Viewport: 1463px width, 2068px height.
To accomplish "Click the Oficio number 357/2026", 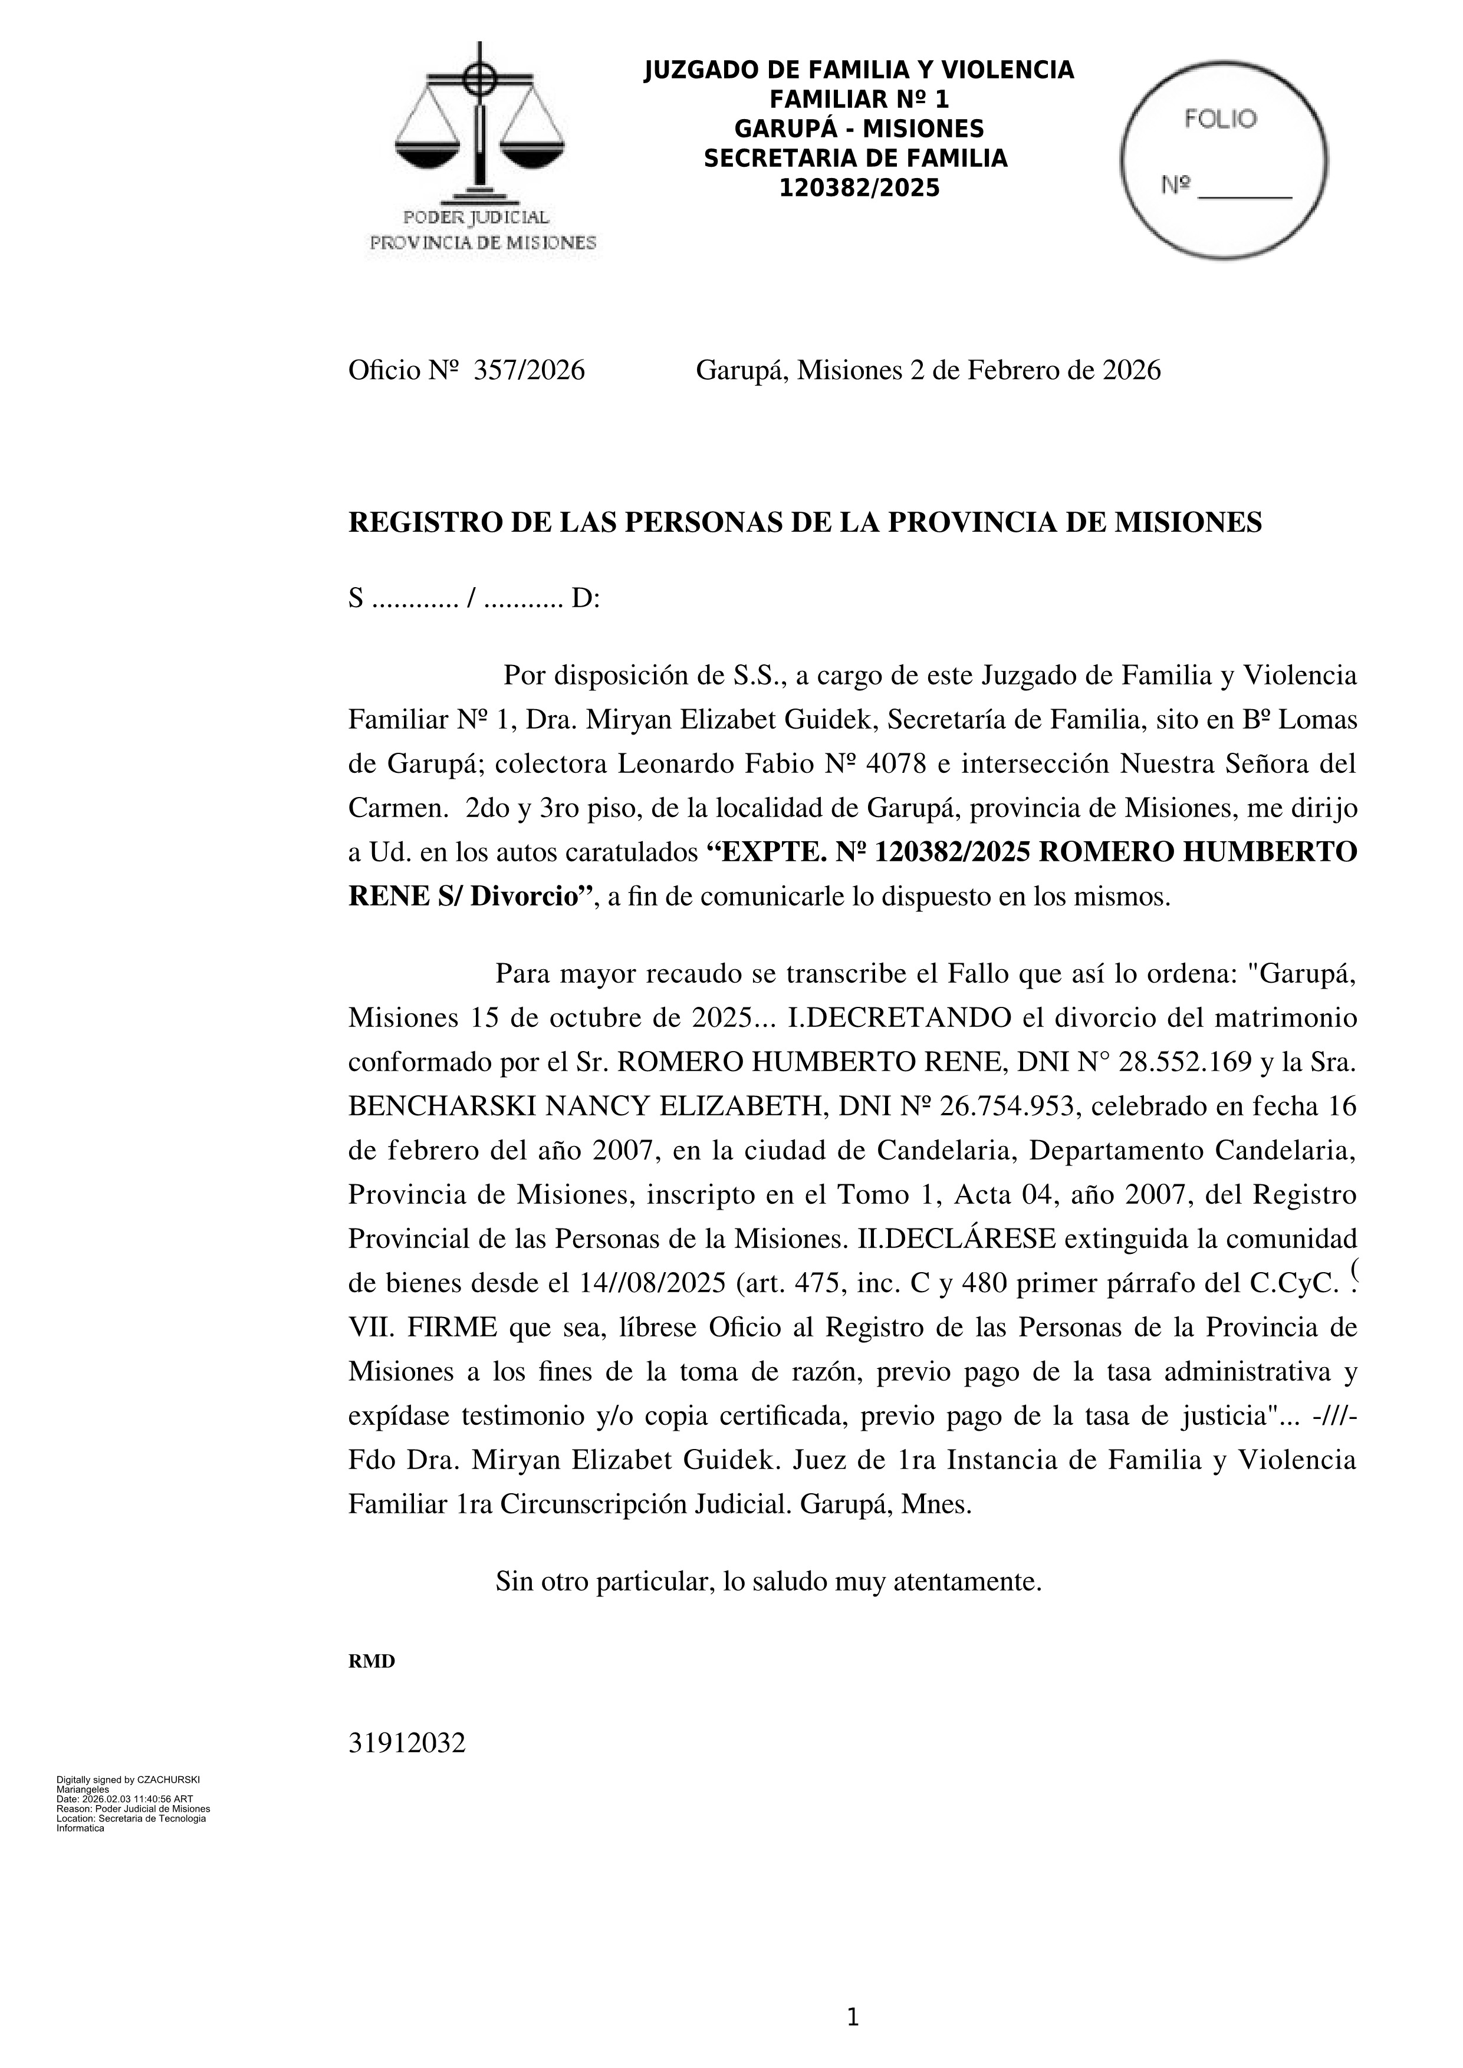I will point(529,370).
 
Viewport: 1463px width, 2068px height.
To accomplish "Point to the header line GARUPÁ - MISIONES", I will point(859,129).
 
